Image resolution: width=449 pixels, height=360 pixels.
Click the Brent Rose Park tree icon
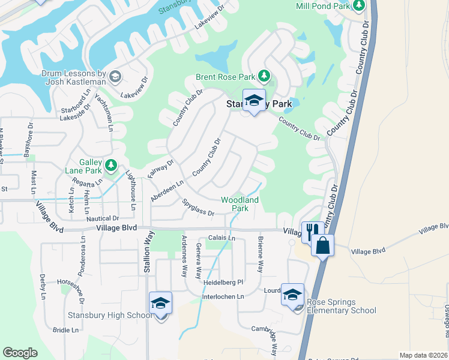[264, 76]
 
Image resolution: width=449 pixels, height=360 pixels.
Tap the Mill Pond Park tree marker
[360, 6]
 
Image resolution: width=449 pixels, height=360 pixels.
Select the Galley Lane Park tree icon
[110, 164]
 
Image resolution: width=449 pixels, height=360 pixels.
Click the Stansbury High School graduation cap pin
[161, 304]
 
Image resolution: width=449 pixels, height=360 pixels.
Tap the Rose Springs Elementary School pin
[293, 296]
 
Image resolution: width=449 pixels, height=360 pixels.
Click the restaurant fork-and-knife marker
[312, 231]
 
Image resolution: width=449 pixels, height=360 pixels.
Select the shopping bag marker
[322, 245]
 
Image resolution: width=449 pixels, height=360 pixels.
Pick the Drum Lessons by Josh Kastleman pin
[115, 76]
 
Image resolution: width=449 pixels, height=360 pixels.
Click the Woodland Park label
[240, 204]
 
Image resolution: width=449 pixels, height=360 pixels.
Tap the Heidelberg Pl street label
[223, 282]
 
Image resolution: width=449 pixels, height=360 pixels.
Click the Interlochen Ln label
[223, 296]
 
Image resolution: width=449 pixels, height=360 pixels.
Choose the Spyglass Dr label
[198, 208]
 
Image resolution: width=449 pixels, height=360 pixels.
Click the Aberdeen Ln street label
[167, 191]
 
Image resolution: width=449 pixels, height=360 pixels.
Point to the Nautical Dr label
[103, 218]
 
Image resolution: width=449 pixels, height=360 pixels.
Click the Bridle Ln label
[65, 330]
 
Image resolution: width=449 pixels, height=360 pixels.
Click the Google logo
[20, 353]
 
